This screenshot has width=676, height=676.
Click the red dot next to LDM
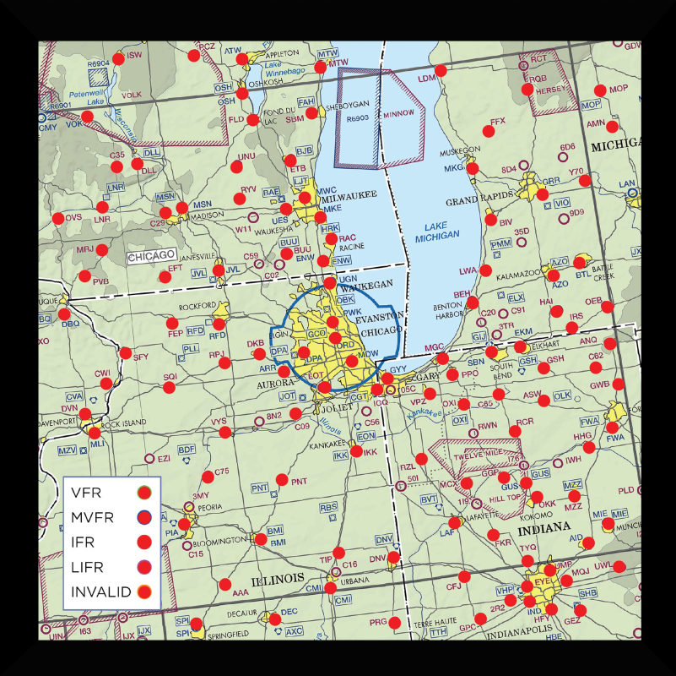441,70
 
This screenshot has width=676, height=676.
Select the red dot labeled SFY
126,352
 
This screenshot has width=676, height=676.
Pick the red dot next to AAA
224,584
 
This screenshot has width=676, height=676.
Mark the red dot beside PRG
394,623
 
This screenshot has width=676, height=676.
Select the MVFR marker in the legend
143,517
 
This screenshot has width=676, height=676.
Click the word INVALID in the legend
101,591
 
